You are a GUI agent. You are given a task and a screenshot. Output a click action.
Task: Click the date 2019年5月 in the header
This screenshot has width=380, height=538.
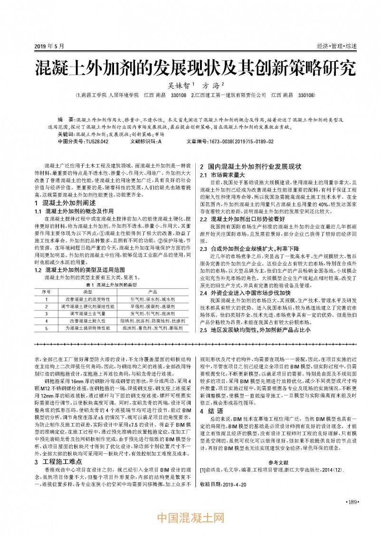click(x=49, y=46)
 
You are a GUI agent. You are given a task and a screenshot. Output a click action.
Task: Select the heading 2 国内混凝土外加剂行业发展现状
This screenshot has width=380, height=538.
click(x=251, y=167)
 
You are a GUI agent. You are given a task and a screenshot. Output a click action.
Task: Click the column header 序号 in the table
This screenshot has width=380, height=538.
click(x=46, y=291)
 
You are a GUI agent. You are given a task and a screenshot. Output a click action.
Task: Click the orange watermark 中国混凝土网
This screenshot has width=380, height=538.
click(x=190, y=517)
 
